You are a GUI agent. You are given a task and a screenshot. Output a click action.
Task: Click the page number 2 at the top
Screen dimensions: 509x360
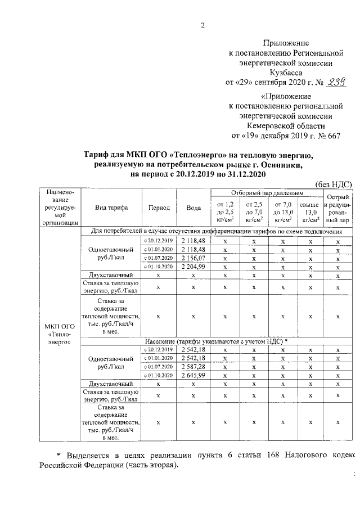pyautogui.click(x=203, y=25)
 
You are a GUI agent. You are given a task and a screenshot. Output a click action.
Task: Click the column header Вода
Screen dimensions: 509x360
pyautogui.click(x=193, y=208)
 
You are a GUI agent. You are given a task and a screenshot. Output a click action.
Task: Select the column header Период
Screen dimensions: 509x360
pyautogui.click(x=159, y=208)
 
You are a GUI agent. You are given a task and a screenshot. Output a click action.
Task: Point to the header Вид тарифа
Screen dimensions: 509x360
pyautogui.click(x=111, y=208)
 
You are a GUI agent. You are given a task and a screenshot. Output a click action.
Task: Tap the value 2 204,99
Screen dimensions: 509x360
pyautogui.click(x=193, y=266)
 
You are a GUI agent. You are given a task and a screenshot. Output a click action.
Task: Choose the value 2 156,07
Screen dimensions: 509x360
pyautogui.click(x=193, y=258)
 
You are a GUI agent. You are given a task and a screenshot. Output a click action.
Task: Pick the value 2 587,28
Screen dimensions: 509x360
pyautogui.click(x=193, y=367)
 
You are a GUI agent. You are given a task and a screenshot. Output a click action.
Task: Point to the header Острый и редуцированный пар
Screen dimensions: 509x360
pyautogui.click(x=337, y=209)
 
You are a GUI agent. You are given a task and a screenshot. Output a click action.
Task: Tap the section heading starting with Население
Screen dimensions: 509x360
pyautogui.click(x=216, y=341)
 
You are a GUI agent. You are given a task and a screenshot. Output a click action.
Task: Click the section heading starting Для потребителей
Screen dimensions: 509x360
pyautogui.click(x=217, y=232)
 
